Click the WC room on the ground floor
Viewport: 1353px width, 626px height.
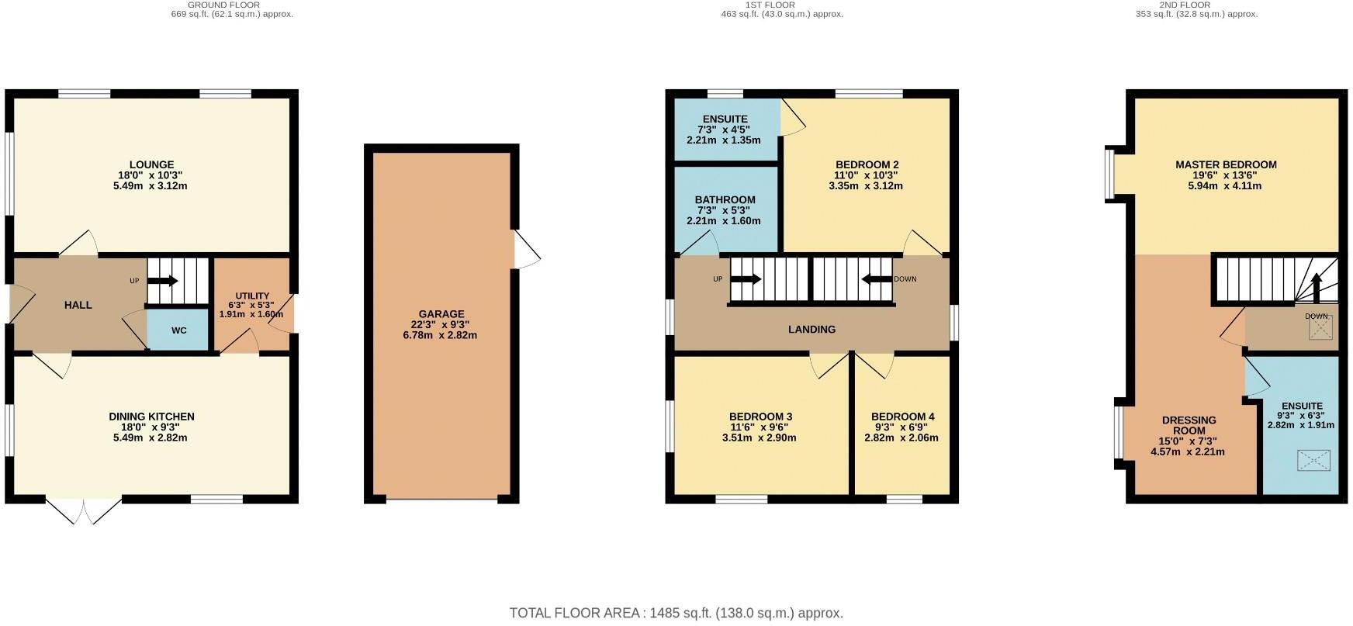coord(178,330)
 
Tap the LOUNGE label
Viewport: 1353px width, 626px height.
coord(151,164)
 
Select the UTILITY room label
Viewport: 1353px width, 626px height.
coord(252,296)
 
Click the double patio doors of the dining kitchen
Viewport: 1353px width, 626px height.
coord(84,511)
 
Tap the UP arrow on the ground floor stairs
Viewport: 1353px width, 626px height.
coord(163,281)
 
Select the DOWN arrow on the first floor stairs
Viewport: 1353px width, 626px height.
coord(877,279)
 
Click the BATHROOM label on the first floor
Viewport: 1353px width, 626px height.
coord(725,200)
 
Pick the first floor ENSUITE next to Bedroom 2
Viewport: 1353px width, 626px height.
coord(725,130)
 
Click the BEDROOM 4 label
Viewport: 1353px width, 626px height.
coord(902,417)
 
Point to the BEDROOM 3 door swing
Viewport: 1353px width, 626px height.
coord(829,366)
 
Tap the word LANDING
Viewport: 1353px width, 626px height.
coord(811,330)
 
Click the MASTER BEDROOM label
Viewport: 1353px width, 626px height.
coord(1225,164)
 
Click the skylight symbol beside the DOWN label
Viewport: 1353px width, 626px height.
coord(1320,330)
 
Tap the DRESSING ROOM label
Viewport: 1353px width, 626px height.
coord(1189,425)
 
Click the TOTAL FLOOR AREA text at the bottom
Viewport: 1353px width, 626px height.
coord(676,613)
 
